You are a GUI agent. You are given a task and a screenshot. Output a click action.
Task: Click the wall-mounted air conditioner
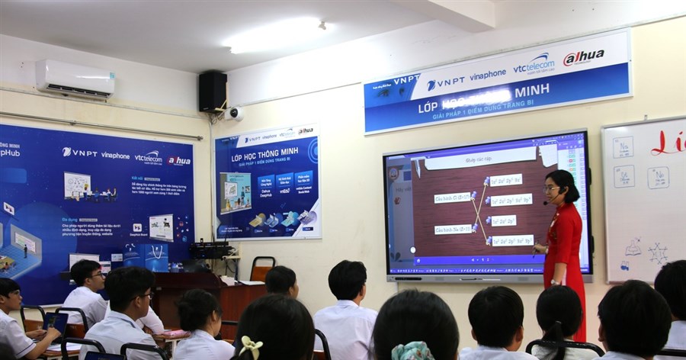tap(75, 79)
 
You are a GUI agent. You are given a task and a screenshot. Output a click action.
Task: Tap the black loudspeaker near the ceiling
tap(213, 91)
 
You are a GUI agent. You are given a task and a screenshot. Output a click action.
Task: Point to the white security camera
tap(234, 114)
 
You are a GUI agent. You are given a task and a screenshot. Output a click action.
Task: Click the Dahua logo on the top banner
tap(584, 58)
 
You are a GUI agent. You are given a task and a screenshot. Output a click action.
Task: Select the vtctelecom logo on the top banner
tap(534, 64)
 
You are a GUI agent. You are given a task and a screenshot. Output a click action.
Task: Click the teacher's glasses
tap(550, 188)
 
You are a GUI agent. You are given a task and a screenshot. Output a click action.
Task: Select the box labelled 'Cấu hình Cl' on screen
tap(453, 198)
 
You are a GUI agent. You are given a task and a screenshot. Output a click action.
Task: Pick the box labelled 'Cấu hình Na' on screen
tap(453, 229)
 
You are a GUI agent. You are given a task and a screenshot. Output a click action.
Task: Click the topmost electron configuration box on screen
tap(505, 180)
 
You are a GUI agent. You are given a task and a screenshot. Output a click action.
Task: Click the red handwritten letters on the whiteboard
tap(668, 143)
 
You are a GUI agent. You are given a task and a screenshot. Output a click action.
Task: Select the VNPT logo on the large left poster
tap(79, 153)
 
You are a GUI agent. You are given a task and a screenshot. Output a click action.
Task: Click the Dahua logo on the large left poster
tap(179, 161)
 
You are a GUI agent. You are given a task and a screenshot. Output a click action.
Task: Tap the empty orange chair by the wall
tap(261, 268)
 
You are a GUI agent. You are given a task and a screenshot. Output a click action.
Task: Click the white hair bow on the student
tap(251, 347)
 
